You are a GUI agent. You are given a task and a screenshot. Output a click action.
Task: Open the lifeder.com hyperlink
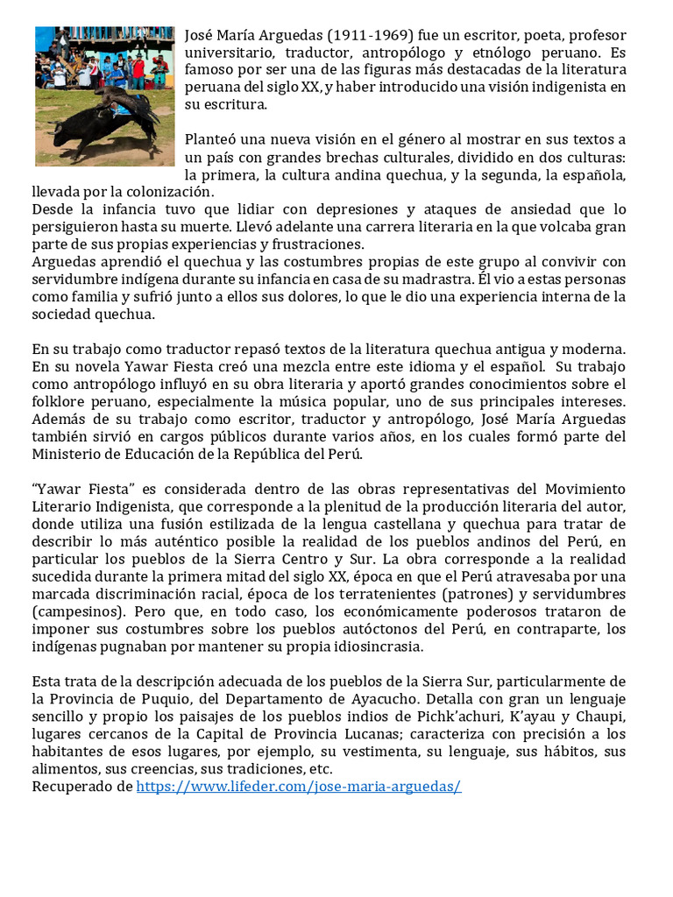click(x=299, y=786)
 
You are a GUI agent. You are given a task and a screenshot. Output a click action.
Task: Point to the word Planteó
click(x=211, y=139)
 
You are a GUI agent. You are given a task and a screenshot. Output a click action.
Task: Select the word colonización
click(x=166, y=191)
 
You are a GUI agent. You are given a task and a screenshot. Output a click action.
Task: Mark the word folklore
click(x=59, y=401)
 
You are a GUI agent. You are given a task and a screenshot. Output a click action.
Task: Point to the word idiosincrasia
click(x=369, y=646)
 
